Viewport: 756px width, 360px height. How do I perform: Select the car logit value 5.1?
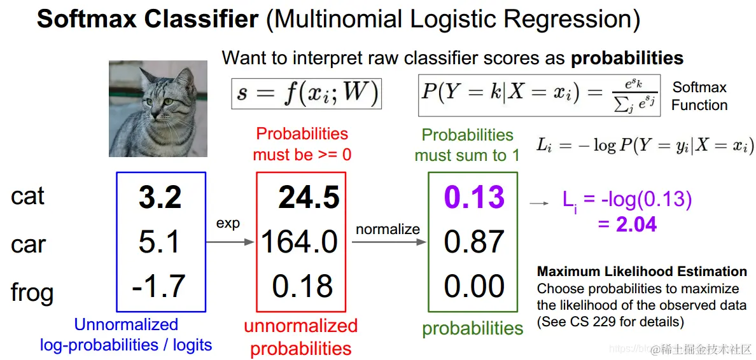(159, 242)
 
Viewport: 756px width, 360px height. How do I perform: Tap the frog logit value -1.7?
(158, 286)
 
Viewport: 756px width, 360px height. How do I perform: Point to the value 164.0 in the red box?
(300, 242)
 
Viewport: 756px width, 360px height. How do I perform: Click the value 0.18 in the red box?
(302, 286)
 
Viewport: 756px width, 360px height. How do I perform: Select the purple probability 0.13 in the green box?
(475, 197)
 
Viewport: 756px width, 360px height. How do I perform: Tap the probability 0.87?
(475, 242)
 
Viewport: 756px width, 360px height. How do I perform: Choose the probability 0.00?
(475, 286)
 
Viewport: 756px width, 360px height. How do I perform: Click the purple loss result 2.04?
(636, 224)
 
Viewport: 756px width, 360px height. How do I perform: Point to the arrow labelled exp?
(230, 242)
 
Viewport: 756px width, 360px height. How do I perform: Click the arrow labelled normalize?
(389, 242)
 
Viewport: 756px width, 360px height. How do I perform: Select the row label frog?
(32, 293)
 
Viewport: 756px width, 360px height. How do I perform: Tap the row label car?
(28, 245)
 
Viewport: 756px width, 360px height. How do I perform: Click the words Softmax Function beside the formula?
(699, 97)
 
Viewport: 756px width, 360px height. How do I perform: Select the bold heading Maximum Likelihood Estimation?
(642, 272)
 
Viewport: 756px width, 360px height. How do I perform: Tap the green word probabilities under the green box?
(472, 328)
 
